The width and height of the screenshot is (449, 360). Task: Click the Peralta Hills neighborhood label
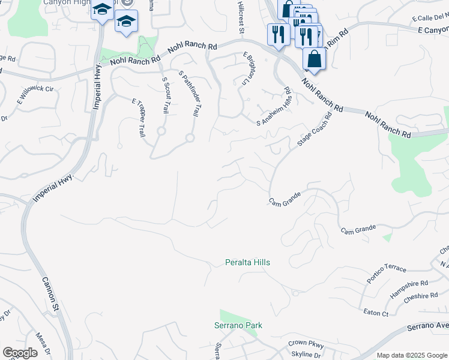[247, 263]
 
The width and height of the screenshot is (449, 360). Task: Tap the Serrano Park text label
[238, 326]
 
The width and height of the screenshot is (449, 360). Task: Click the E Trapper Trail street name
[139, 118]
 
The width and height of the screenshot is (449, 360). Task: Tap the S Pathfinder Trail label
[189, 92]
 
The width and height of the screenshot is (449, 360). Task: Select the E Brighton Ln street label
[249, 67]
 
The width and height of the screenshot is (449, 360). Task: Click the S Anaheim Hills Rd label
[273, 107]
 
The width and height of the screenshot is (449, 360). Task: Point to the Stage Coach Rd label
[315, 130]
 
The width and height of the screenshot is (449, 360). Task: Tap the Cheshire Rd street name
[421, 296]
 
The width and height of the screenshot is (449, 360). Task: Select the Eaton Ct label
[376, 313]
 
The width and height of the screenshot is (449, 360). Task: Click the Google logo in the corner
[20, 353]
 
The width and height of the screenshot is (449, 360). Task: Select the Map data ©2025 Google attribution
[412, 355]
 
